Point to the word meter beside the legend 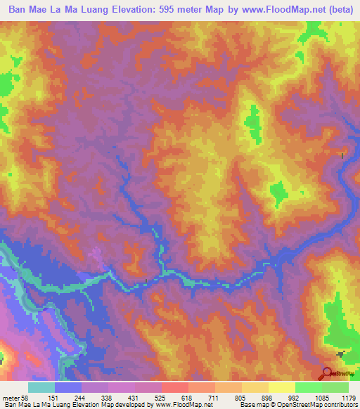click(11, 397)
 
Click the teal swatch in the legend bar click(41, 387)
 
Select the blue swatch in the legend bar click(68, 387)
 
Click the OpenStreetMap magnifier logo click(326, 372)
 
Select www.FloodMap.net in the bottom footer click(184, 405)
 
